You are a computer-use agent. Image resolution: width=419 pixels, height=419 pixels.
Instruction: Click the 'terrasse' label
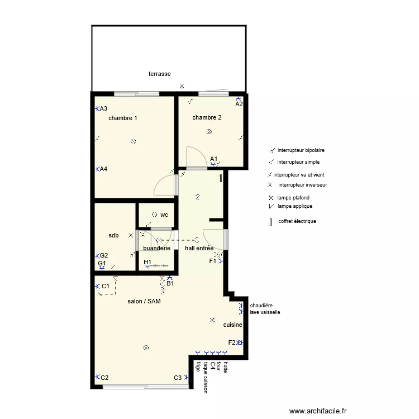(159, 74)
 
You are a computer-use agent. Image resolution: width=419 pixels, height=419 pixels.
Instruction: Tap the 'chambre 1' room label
(122, 118)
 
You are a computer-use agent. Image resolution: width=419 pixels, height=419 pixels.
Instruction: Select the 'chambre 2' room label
(207, 117)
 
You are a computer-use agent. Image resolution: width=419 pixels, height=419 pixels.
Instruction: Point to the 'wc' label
(164, 215)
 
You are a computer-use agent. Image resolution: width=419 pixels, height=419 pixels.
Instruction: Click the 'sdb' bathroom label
(114, 236)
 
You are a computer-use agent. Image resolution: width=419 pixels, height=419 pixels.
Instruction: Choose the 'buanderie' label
(156, 248)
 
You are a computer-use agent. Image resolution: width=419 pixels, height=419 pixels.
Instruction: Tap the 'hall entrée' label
(199, 248)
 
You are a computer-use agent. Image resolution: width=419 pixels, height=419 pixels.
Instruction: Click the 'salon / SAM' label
(144, 301)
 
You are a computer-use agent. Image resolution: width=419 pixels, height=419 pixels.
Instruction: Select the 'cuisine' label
(232, 325)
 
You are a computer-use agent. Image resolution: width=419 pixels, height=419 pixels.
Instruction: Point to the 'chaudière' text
(261, 306)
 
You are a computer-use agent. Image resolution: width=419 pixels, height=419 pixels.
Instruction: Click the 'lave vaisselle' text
(265, 312)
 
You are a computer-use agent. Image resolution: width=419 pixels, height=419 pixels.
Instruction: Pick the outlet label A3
(104, 109)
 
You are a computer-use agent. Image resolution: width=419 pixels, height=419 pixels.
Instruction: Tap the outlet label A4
(104, 169)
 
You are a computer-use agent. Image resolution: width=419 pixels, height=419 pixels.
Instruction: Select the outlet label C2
(104, 378)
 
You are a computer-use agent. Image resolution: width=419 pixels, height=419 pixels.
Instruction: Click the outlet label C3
(178, 378)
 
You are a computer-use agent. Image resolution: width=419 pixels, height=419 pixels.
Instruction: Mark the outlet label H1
(147, 261)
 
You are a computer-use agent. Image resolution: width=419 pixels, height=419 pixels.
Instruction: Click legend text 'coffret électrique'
(297, 221)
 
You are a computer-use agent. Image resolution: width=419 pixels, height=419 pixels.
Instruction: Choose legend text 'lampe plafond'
(293, 198)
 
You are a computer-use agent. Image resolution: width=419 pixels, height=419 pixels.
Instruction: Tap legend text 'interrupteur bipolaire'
(301, 150)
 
